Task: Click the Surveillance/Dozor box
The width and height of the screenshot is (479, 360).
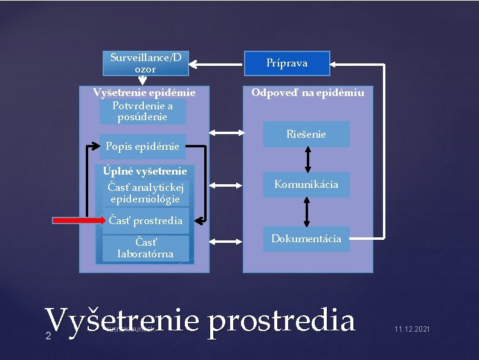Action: click(x=146, y=63)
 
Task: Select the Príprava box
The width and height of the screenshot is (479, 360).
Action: click(x=287, y=63)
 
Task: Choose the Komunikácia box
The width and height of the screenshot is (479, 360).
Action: click(x=306, y=184)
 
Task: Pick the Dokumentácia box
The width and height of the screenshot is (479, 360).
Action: click(x=306, y=239)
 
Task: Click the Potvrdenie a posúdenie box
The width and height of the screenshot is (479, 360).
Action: click(x=143, y=111)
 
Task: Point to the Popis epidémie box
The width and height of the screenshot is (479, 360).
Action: click(x=143, y=146)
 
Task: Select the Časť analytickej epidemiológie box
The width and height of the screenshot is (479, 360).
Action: click(x=145, y=193)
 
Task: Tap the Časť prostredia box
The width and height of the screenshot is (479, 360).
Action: click(x=146, y=220)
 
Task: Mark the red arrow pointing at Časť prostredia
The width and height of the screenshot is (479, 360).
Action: click(x=79, y=220)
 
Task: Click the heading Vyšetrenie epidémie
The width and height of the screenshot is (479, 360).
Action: click(x=144, y=93)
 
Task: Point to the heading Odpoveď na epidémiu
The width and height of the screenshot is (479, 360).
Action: click(x=308, y=93)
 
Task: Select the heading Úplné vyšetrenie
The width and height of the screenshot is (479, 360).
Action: click(x=145, y=172)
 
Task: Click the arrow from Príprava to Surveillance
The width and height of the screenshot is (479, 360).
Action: click(x=216, y=62)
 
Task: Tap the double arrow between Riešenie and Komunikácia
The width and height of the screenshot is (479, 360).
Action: click(x=307, y=159)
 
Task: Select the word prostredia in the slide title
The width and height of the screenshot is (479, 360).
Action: click(x=281, y=320)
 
